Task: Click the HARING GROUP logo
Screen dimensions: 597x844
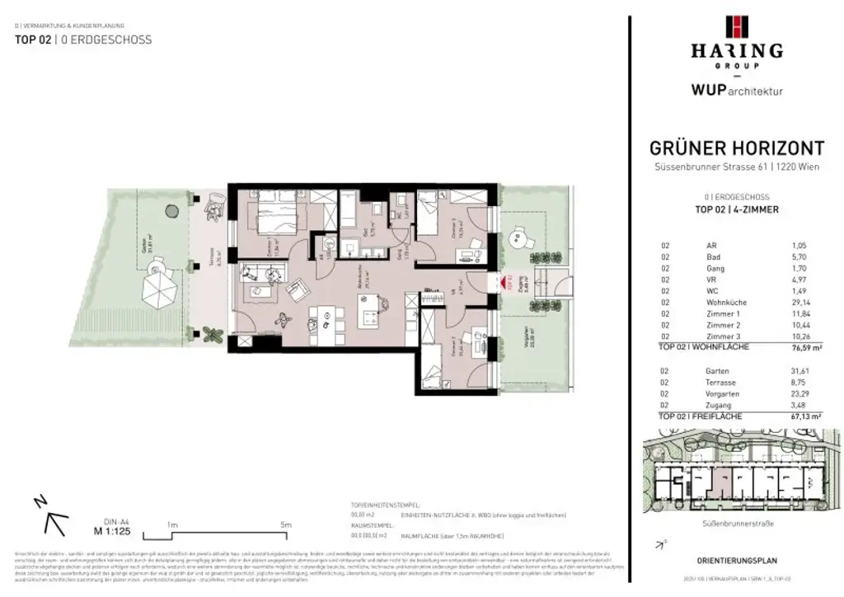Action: (736, 41)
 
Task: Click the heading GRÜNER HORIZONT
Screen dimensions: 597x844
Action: (736, 148)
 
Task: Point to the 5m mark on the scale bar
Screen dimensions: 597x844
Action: (286, 524)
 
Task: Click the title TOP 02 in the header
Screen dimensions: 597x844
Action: (33, 40)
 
